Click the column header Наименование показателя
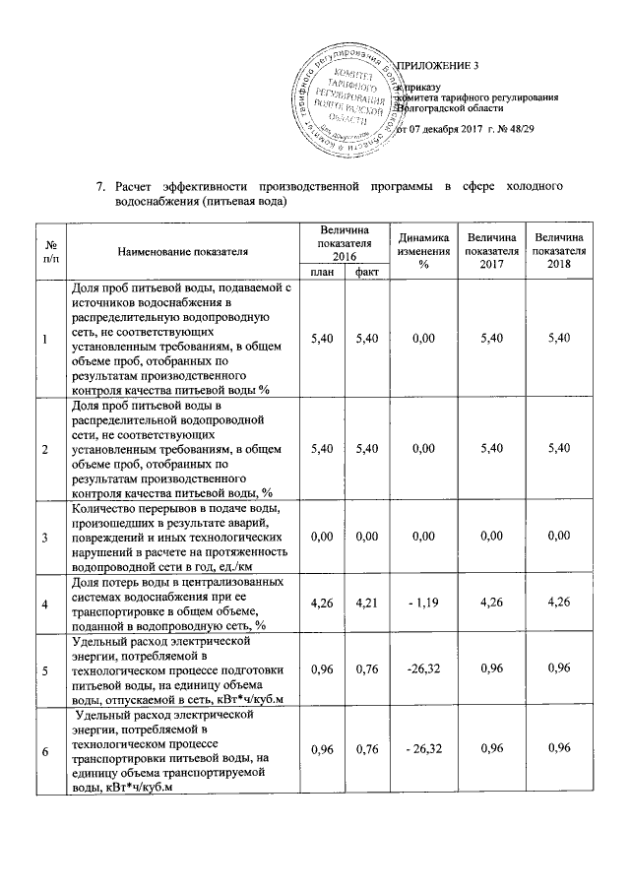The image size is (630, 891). (183, 252)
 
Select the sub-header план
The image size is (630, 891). (321, 272)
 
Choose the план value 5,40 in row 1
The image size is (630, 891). (321, 339)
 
